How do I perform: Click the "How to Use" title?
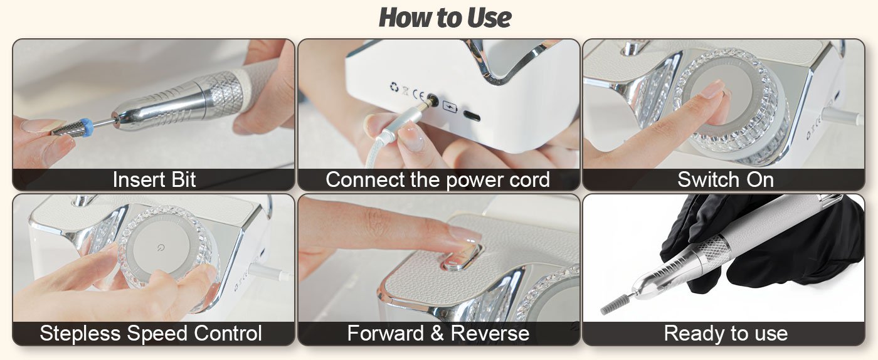pyautogui.click(x=445, y=18)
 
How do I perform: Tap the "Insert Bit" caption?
pyautogui.click(x=154, y=179)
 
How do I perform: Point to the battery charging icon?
pyautogui.click(x=450, y=106)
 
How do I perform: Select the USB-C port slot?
pyautogui.click(x=472, y=115)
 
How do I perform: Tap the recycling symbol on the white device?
pyautogui.click(x=394, y=87)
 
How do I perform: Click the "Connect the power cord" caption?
pyautogui.click(x=438, y=179)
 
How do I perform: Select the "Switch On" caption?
pyautogui.click(x=726, y=179)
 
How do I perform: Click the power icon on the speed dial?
pyautogui.click(x=161, y=248)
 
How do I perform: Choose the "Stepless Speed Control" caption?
pyautogui.click(x=151, y=333)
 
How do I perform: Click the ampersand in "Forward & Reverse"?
pyautogui.click(x=437, y=333)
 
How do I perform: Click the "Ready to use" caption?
pyautogui.click(x=726, y=333)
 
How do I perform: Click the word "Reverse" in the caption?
pyautogui.click(x=490, y=333)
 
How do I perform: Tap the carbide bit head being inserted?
pyautogui.click(x=66, y=128)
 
